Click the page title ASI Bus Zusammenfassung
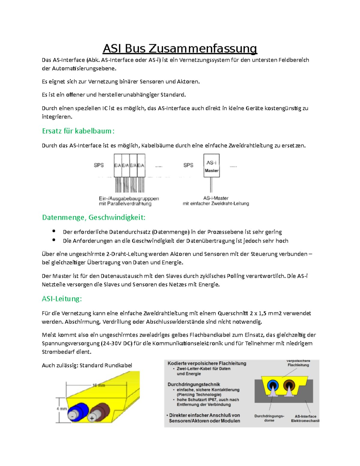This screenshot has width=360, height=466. coord(180,49)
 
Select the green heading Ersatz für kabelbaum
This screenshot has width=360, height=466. coord(78,131)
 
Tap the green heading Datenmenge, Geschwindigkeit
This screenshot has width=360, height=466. coord(94,218)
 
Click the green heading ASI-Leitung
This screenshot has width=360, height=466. coord(62,299)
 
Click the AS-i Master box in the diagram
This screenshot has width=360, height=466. coord(211,166)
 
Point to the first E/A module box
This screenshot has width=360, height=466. coord(118,165)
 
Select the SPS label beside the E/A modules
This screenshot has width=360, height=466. coord(99,165)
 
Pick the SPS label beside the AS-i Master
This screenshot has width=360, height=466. coord(188,165)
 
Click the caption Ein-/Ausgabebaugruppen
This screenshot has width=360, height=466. coord(129,199)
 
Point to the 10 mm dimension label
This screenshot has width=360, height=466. coord(99,385)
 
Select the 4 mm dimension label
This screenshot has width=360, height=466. coord(62,409)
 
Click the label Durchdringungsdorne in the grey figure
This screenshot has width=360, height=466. coord(269,418)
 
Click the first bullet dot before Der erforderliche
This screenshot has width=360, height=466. coord(54,231)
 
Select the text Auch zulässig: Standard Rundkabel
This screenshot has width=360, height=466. coord(87,365)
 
